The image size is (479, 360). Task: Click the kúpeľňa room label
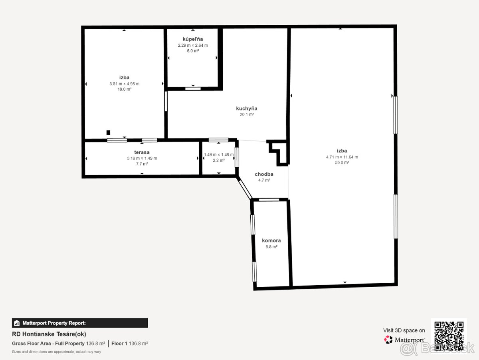point(193,39)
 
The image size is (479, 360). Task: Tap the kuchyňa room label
point(247,108)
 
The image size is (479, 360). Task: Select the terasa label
point(142,152)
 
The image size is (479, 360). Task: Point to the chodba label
point(264,174)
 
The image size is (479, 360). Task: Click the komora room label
point(271,240)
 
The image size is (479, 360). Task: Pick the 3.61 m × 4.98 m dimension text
point(125,84)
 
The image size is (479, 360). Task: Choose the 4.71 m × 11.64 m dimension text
point(342,157)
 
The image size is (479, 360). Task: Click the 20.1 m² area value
point(247,114)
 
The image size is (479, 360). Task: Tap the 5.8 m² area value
point(271,246)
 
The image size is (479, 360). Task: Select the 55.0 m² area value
point(342,162)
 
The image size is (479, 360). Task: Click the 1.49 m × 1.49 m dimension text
point(219,154)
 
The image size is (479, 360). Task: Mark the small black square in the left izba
point(108,132)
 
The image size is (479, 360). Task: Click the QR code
point(449,336)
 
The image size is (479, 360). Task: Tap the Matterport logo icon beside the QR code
point(388,340)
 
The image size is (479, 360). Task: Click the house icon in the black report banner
point(17,323)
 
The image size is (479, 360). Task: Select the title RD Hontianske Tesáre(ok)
point(49,334)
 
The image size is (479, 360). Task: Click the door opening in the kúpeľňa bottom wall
point(193,88)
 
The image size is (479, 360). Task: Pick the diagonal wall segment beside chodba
point(244,188)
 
